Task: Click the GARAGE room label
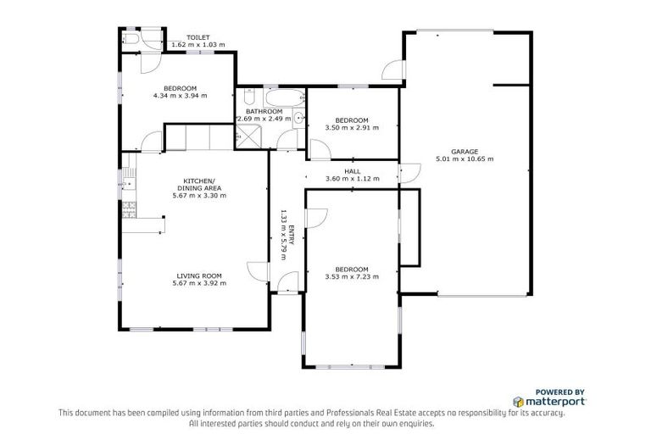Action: pyautogui.click(x=464, y=151)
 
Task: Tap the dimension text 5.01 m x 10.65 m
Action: pyautogui.click(x=464, y=159)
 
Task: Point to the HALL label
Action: pyautogui.click(x=352, y=170)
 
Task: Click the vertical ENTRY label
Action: pyautogui.click(x=291, y=235)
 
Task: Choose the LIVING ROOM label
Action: pyautogui.click(x=199, y=275)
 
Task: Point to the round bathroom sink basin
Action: pyautogui.click(x=298, y=118)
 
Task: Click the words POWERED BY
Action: pyautogui.click(x=560, y=391)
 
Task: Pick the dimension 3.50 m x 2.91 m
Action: pyautogui.click(x=352, y=127)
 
